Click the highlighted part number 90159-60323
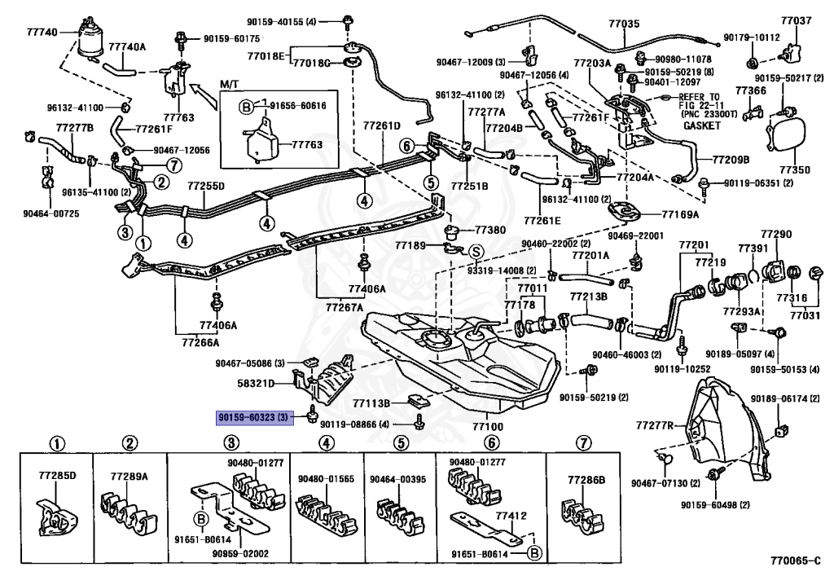(255, 417)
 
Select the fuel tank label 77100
(487, 427)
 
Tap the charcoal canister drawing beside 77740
(91, 39)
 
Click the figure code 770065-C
(795, 561)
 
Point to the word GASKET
(702, 125)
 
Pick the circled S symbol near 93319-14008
(476, 252)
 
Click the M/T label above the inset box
(229, 85)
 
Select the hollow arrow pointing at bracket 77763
(204, 96)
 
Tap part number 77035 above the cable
(624, 24)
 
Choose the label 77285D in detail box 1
(57, 475)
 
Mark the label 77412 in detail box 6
(511, 516)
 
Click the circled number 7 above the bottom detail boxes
(583, 442)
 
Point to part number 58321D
(256, 383)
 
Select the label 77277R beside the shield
(655, 425)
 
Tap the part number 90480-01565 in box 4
(326, 479)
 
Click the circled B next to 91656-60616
(246, 108)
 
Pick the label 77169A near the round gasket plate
(680, 214)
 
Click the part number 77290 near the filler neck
(776, 234)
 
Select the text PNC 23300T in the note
(709, 114)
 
